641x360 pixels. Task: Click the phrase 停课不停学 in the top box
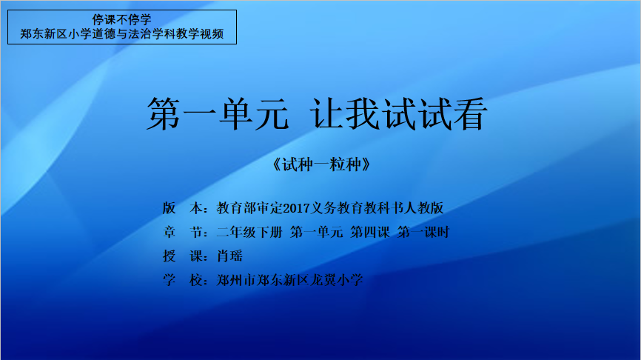[x=122, y=19]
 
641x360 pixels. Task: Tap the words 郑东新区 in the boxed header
[x=44, y=33]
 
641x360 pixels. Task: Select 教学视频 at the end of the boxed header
[x=200, y=33]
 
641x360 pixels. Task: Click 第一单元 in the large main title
[x=218, y=114]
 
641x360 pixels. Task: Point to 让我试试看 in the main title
[x=398, y=114]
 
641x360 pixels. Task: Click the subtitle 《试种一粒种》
[x=321, y=164]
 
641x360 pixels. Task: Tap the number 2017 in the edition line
[x=297, y=208]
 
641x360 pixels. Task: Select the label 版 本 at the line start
[x=183, y=208]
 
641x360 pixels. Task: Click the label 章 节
[x=183, y=233]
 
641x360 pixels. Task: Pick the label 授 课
[x=183, y=256]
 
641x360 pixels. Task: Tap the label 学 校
[x=183, y=280]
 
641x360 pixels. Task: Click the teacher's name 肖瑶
[x=229, y=256]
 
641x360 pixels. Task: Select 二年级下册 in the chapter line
[x=249, y=233]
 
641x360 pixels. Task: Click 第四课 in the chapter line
[x=370, y=233]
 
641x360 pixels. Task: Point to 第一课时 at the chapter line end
[x=423, y=233]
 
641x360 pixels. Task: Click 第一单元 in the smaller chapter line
[x=317, y=233]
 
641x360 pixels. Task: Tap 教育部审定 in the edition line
[x=249, y=208]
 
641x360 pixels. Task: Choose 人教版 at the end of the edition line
[x=423, y=208]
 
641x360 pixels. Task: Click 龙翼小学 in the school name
[x=337, y=280]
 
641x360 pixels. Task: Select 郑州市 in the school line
[x=236, y=280]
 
